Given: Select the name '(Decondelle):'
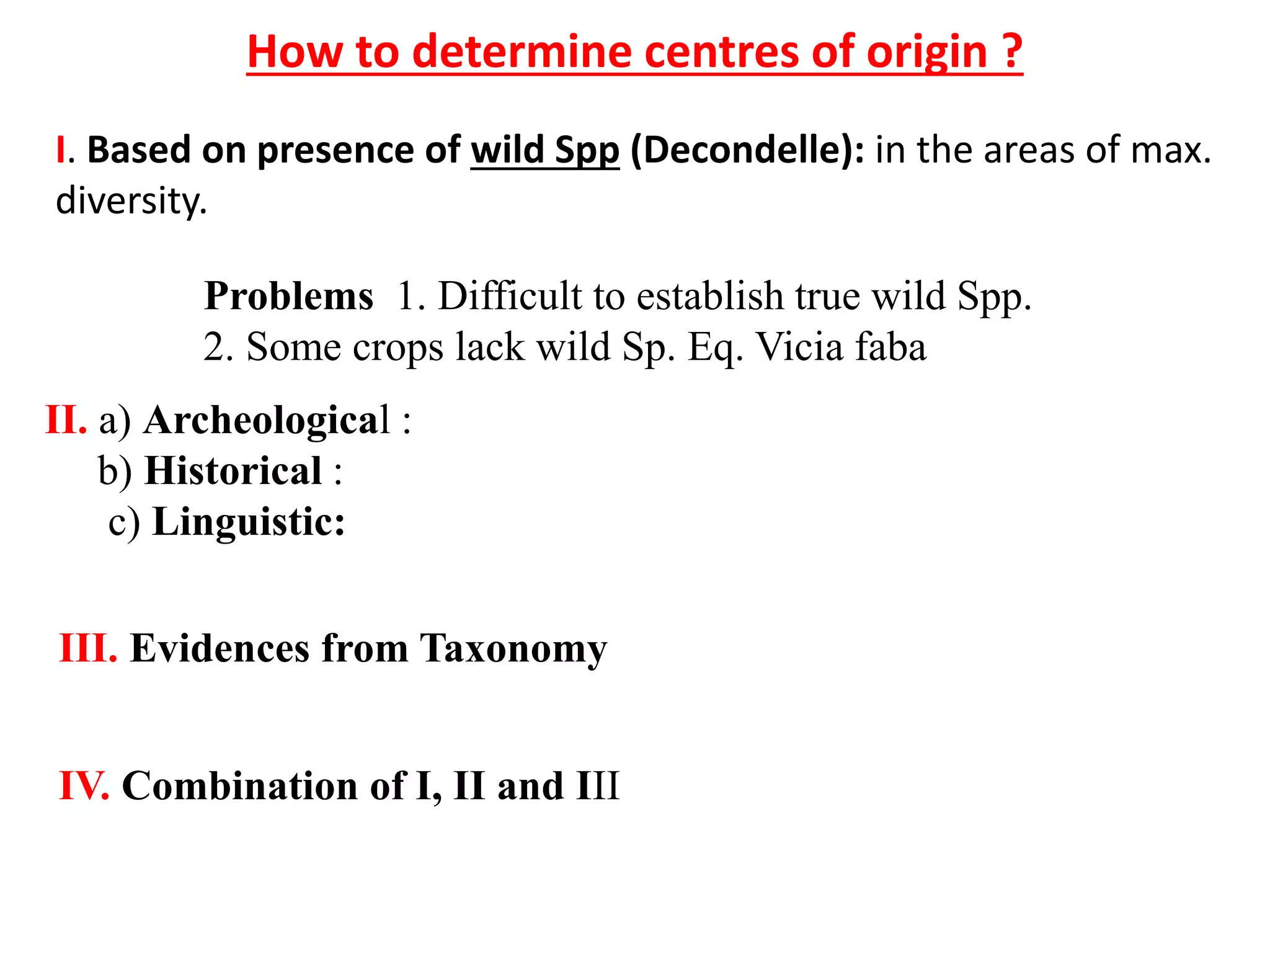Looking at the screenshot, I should pyautogui.click(x=747, y=150).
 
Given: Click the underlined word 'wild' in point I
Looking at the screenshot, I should pyautogui.click(x=507, y=150).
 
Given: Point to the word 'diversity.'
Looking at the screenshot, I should pyautogui.click(x=131, y=202).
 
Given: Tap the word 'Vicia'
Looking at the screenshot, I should pyautogui.click(x=798, y=346).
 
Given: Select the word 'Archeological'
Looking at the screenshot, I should pyautogui.click(x=267, y=420).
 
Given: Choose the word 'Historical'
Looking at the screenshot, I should pyautogui.click(x=233, y=470).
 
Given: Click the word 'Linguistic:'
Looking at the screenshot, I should pyautogui.click(x=249, y=521).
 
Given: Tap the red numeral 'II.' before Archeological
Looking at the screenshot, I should pyautogui.click(x=66, y=420).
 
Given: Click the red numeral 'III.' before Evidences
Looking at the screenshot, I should pyautogui.click(x=88, y=648).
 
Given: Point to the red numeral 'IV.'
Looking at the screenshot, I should pyautogui.click(x=84, y=785).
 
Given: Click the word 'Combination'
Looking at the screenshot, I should pyautogui.click(x=239, y=785).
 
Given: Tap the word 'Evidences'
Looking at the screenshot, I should pyautogui.click(x=220, y=648).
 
